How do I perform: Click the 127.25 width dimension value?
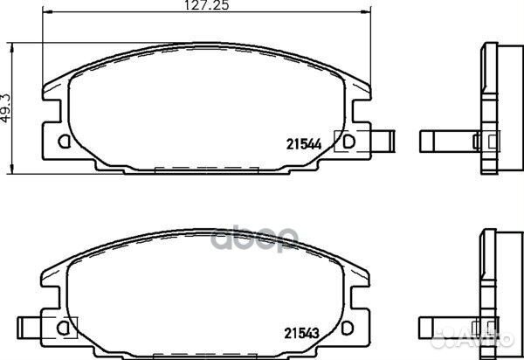(x=207, y=5)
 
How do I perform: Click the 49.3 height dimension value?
(x=6, y=108)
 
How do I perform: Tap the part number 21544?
(x=304, y=144)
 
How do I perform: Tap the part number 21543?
(x=302, y=333)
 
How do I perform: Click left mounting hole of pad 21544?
(x=64, y=142)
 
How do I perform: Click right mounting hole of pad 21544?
(x=348, y=142)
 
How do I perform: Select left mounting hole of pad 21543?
(x=63, y=328)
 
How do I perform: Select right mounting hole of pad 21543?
(x=348, y=328)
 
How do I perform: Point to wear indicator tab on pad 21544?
(x=383, y=142)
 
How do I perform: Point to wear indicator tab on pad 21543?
(x=29, y=328)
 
